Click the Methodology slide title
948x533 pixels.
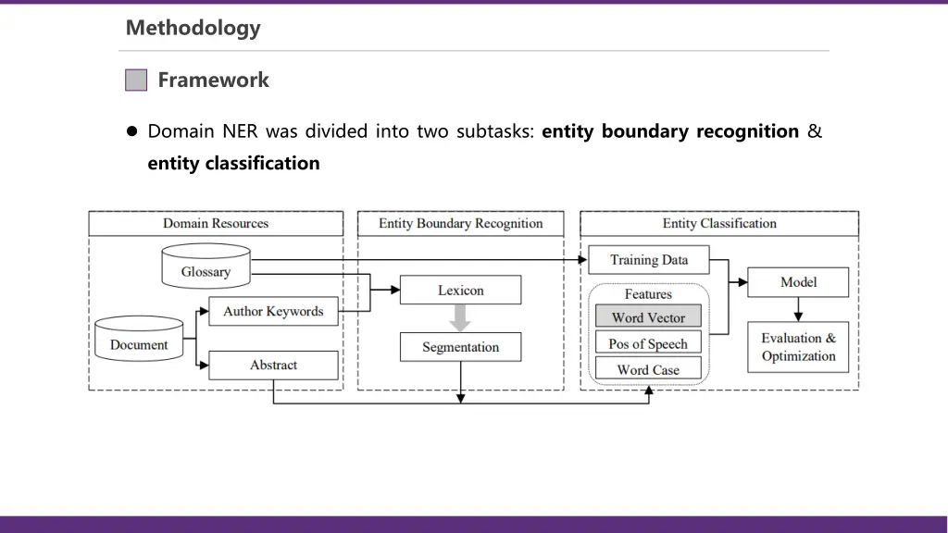pyautogui.click(x=193, y=28)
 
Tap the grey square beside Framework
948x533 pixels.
pyautogui.click(x=136, y=80)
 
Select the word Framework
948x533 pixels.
pyautogui.click(x=213, y=80)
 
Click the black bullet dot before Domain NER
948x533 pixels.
pyautogui.click(x=132, y=131)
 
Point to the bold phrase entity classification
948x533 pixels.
pyautogui.click(x=233, y=164)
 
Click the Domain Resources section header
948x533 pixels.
pyautogui.click(x=216, y=223)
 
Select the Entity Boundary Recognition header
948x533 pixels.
pyautogui.click(x=460, y=223)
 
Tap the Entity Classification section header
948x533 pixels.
pyautogui.click(x=719, y=223)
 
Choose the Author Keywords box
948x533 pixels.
pyautogui.click(x=273, y=312)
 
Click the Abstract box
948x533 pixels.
pyautogui.click(x=273, y=365)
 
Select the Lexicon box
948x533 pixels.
pyautogui.click(x=460, y=290)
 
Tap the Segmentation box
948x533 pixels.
pyautogui.click(x=460, y=347)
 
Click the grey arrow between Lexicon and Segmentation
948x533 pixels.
pyautogui.click(x=460, y=318)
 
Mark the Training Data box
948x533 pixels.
pyautogui.click(x=649, y=260)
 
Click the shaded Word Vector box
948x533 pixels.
pyautogui.click(x=648, y=317)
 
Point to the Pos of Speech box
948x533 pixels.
pyautogui.click(x=648, y=343)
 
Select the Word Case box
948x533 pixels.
pyautogui.click(x=648, y=369)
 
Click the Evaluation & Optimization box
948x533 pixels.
pyautogui.click(x=798, y=347)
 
